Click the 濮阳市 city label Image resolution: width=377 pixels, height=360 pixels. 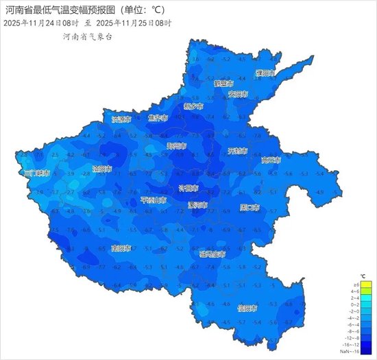tap(265, 73)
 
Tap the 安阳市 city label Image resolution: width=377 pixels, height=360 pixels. tap(237, 93)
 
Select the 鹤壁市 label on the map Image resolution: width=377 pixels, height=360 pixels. tap(223, 83)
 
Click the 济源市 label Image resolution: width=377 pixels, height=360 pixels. tap(121, 119)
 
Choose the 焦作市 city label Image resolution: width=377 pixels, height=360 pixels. tap(158, 118)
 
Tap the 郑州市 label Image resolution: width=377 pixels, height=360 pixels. tap(176, 145)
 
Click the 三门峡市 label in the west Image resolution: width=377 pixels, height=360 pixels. tap(36, 173)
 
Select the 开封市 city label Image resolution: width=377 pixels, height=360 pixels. tap(237, 151)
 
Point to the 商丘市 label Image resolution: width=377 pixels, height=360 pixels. tap(271, 160)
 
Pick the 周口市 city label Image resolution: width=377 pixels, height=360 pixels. tap(249, 206)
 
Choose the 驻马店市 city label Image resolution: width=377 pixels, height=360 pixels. tap(212, 254)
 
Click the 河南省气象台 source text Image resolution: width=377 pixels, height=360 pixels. tap(87, 36)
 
